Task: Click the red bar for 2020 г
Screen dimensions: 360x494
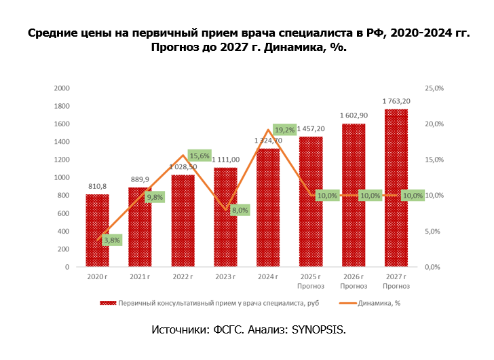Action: [x=97, y=230]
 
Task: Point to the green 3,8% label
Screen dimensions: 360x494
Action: [x=111, y=240]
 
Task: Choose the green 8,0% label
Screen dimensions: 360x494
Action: [x=240, y=210]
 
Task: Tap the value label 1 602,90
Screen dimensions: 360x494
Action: [x=354, y=115]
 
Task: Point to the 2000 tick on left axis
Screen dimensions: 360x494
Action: [x=62, y=88]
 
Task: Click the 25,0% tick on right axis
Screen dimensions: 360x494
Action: [x=434, y=88]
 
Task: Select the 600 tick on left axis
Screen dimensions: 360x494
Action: [x=64, y=213]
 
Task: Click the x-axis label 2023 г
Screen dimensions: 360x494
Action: [x=225, y=277]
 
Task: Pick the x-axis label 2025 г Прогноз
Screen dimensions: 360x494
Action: [x=311, y=282]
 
